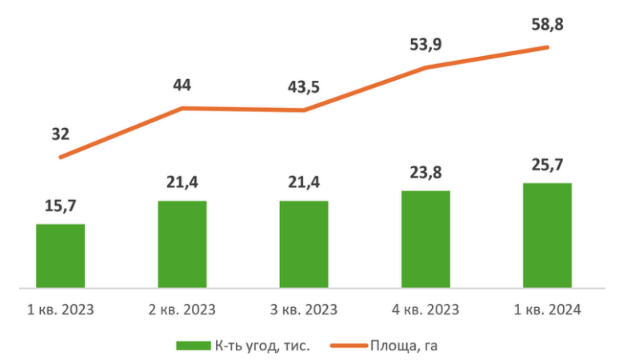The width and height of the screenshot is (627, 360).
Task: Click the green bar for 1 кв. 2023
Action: pos(61,255)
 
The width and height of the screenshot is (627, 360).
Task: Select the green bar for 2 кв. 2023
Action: pos(182,243)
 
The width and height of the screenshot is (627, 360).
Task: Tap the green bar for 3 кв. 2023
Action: pos(304,243)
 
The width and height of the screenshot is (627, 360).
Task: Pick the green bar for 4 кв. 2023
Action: pos(425,238)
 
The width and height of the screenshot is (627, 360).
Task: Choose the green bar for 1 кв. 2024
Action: pos(547,234)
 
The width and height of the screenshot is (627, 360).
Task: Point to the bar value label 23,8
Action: pos(425,174)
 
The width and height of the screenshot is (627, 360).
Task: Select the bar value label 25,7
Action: pos(547,166)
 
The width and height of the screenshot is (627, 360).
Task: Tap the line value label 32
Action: pos(60,134)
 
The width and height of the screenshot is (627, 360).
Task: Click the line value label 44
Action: pos(182,85)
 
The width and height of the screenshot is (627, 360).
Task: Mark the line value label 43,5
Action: pos(304,86)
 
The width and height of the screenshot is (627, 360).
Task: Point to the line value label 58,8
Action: pos(547,25)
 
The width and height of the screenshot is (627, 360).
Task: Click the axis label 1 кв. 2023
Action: pos(61,310)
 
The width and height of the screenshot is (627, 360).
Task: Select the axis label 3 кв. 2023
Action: pos(304,310)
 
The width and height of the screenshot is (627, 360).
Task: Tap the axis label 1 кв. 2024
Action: pos(547,310)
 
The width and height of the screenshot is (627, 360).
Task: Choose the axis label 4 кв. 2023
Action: pos(425,310)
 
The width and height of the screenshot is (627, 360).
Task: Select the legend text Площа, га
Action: pos(404,346)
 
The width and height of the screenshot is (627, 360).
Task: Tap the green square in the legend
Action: pos(193,346)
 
